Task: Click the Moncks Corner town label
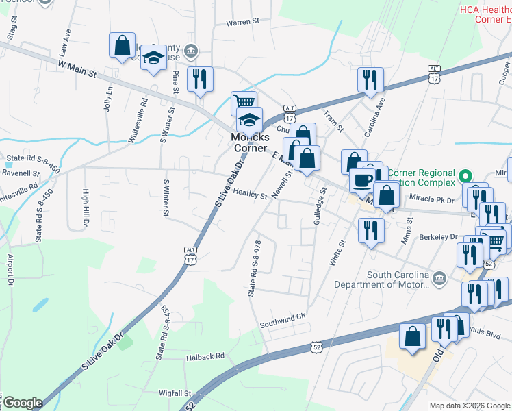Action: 251,142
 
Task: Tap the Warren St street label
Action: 243,22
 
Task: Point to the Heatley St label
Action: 250,195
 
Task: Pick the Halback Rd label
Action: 205,357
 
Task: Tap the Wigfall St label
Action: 174,393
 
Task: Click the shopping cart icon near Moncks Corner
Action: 243,103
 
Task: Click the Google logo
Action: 23,403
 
